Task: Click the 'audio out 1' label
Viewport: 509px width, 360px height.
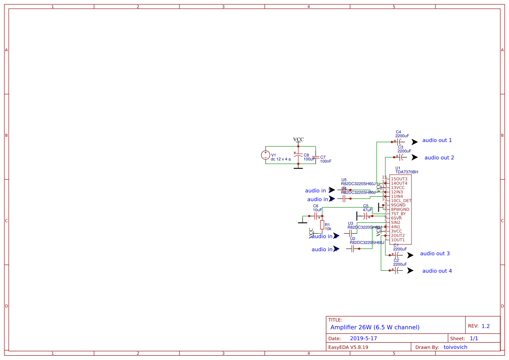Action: pos(437,140)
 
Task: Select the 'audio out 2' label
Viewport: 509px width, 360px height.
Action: pos(439,158)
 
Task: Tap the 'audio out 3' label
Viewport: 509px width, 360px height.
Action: pos(435,253)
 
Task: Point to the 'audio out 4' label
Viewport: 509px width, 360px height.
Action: pos(437,271)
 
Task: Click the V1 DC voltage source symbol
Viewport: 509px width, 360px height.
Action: pos(265,155)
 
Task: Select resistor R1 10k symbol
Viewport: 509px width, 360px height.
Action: pos(322,225)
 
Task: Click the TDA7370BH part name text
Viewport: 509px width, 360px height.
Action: pos(407,172)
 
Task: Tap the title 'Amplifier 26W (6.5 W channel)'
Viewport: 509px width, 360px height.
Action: pos(374,327)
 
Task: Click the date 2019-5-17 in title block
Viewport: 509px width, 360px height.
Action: pos(363,338)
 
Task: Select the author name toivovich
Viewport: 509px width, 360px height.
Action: pos(455,347)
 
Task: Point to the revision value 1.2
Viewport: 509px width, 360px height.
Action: pos(485,326)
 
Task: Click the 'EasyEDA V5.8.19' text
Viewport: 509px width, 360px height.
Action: pos(348,347)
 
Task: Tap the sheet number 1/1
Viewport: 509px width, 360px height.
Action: pos(474,338)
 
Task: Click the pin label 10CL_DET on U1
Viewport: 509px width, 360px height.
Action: pos(401,201)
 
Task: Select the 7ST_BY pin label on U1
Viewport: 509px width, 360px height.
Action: pos(398,214)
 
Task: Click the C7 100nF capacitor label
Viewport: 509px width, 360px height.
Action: pos(325,159)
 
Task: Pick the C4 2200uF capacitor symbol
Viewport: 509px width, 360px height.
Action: pos(399,142)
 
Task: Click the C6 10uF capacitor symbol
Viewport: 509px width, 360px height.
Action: pos(316,216)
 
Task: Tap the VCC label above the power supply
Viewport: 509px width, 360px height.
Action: pos(298,139)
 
